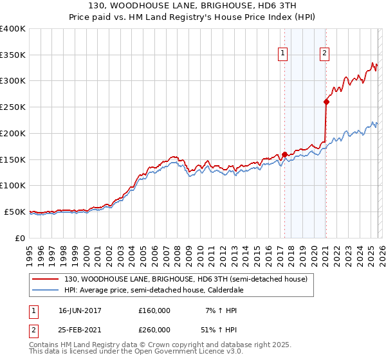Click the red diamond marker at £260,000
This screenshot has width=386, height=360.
pyautogui.click(x=326, y=101)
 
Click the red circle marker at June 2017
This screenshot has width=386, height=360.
pyautogui.click(x=284, y=154)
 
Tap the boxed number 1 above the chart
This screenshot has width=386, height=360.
pyautogui.click(x=283, y=53)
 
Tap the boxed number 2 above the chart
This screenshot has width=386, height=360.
pyautogui.click(x=325, y=53)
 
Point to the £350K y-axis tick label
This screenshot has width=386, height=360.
pyautogui.click(x=13, y=55)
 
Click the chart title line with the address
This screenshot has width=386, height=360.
pyautogui.click(x=193, y=6)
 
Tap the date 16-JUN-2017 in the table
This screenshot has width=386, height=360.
pyautogui.click(x=80, y=310)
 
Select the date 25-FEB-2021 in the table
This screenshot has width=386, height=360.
pyautogui.click(x=80, y=330)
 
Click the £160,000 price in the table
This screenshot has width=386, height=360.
pyautogui.click(x=154, y=310)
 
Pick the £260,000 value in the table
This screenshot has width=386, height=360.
pyautogui.click(x=154, y=330)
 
